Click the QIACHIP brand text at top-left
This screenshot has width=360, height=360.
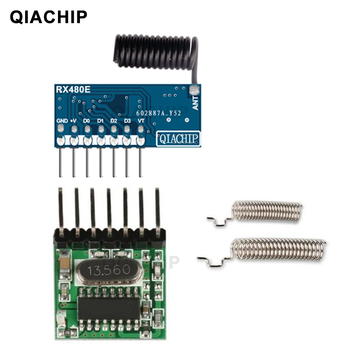(49, 17)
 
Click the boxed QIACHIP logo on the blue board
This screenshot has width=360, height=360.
(178, 138)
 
